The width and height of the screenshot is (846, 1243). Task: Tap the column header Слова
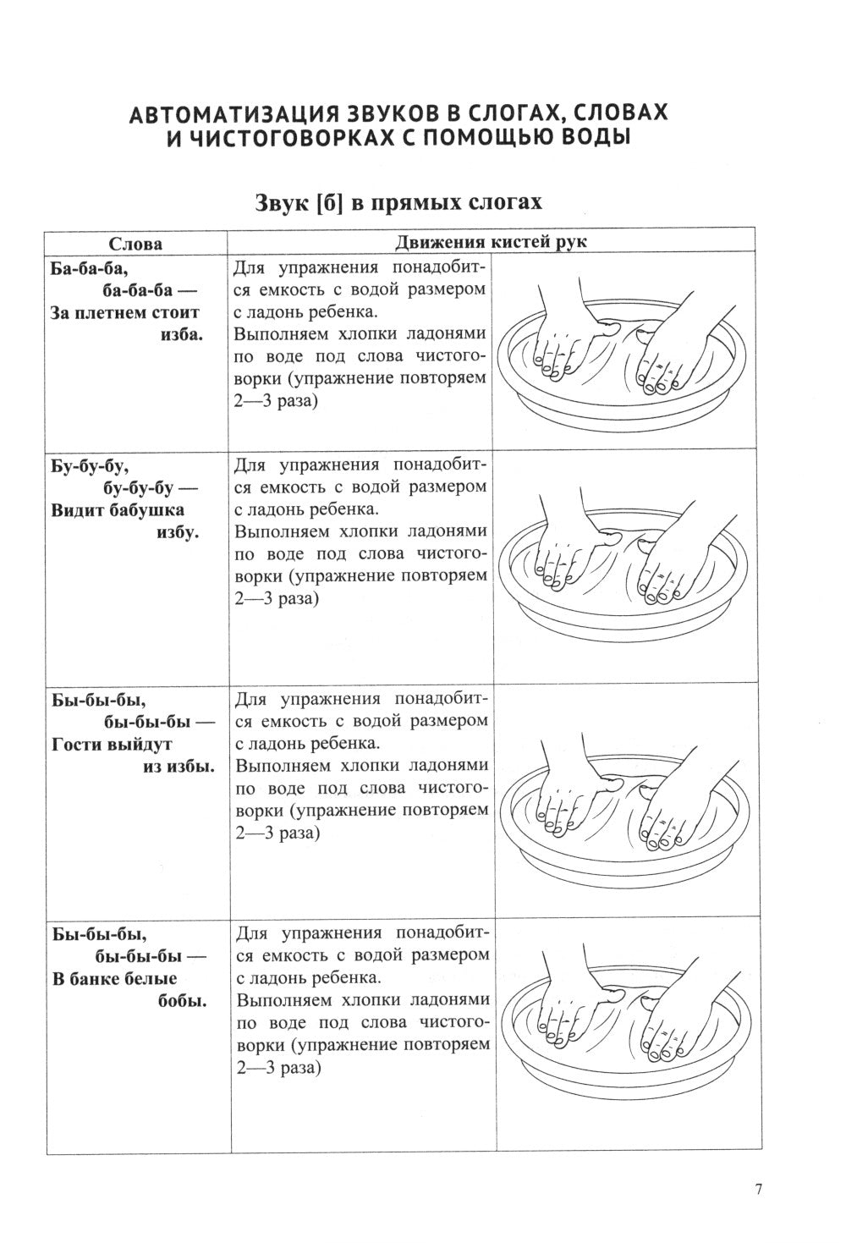(x=135, y=244)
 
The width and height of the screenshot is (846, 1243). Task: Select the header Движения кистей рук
(x=491, y=242)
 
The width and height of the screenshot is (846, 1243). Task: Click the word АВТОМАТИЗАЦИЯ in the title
(x=232, y=113)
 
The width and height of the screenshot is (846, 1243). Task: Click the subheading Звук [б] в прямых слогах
(x=398, y=203)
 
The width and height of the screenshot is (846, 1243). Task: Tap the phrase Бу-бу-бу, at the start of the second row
(x=90, y=467)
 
